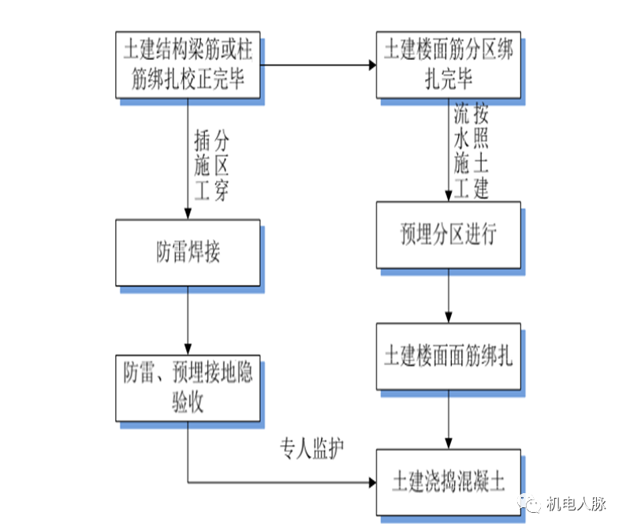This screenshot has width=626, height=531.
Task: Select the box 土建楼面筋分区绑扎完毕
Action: (x=448, y=65)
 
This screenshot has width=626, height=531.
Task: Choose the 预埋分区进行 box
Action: (x=448, y=234)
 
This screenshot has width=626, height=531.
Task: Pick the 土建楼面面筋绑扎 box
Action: (x=448, y=356)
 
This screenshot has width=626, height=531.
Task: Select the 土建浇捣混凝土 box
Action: (x=448, y=482)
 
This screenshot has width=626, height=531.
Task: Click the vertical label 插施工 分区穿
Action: (x=211, y=166)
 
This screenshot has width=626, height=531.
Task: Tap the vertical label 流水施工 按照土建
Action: (x=471, y=151)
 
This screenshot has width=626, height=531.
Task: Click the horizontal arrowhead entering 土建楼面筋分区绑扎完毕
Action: (x=371, y=65)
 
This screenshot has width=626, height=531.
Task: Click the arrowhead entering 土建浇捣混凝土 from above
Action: (x=449, y=444)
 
